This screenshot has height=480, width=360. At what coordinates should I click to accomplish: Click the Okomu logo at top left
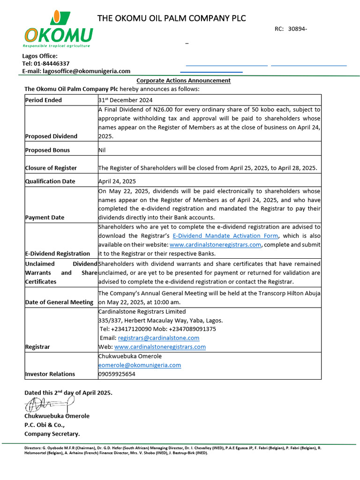click(58, 29)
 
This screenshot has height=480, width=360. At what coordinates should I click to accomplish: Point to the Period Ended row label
click(44, 100)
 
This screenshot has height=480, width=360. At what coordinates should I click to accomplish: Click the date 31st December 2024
click(125, 100)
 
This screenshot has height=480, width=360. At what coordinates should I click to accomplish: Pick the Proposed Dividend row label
click(51, 136)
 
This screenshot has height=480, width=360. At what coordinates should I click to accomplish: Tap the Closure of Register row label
click(51, 168)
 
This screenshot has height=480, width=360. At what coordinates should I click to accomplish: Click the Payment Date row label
click(45, 217)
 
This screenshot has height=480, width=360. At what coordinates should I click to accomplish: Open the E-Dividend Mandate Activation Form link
click(225, 236)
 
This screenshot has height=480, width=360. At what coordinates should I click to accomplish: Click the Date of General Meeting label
click(59, 302)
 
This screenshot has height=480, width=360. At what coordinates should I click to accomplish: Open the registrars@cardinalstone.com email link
click(158, 337)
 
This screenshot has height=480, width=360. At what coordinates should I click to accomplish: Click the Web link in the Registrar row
click(160, 347)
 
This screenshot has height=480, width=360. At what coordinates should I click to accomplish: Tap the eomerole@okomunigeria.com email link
click(140, 365)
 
